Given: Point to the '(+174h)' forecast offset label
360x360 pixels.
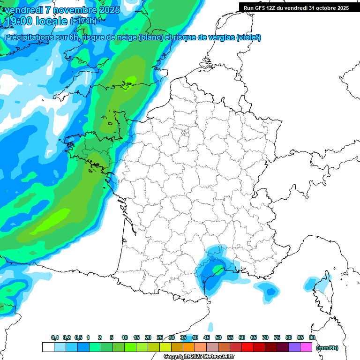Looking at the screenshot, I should tap(83, 21).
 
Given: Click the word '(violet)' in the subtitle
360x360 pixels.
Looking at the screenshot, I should tap(248, 37).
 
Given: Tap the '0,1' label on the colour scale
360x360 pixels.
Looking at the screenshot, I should tap(55, 338).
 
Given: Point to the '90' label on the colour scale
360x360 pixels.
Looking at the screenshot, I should tap(312, 338).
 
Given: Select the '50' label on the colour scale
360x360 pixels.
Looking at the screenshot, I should tap(218, 338).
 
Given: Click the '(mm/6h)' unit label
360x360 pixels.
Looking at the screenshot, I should tap(327, 348).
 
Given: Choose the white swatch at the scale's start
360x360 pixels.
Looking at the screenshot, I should tap(48, 347).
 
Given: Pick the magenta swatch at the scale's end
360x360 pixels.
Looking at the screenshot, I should tap(306, 347).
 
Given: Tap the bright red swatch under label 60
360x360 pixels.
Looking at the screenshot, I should tap(247, 347).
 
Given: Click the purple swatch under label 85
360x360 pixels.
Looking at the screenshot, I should tap(294, 347).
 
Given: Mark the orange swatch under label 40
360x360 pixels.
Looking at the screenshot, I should tap(189, 347).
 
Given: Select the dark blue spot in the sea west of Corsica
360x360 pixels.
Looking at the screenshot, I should tap(270, 292).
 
